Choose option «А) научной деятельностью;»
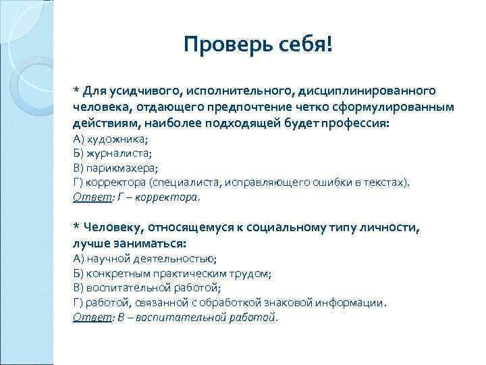pos(144,258)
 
